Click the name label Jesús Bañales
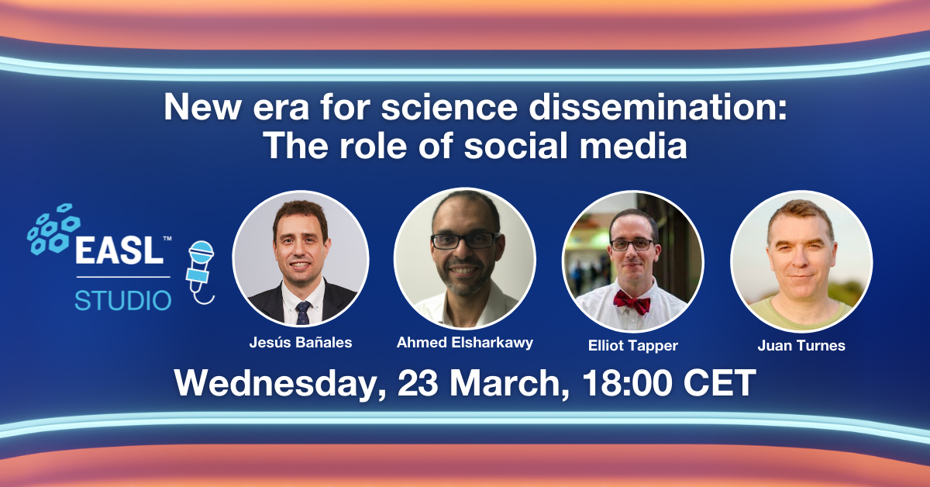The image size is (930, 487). [301, 343]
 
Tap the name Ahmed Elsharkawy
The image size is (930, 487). [464, 343]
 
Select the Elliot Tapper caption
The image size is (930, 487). [632, 346]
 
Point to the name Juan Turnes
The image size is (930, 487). [801, 346]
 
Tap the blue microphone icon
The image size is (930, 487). [201, 272]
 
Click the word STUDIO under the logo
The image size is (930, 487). [123, 300]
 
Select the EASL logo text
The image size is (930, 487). [120, 250]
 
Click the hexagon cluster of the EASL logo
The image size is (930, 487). [53, 229]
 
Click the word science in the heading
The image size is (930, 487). [449, 107]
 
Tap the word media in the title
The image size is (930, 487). [633, 146]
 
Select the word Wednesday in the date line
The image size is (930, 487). [281, 384]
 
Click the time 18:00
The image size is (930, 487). [627, 383]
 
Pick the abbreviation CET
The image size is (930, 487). [720, 383]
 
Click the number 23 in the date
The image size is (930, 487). [418, 383]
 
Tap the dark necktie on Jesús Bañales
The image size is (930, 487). [303, 313]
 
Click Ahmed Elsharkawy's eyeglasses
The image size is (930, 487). [464, 240]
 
